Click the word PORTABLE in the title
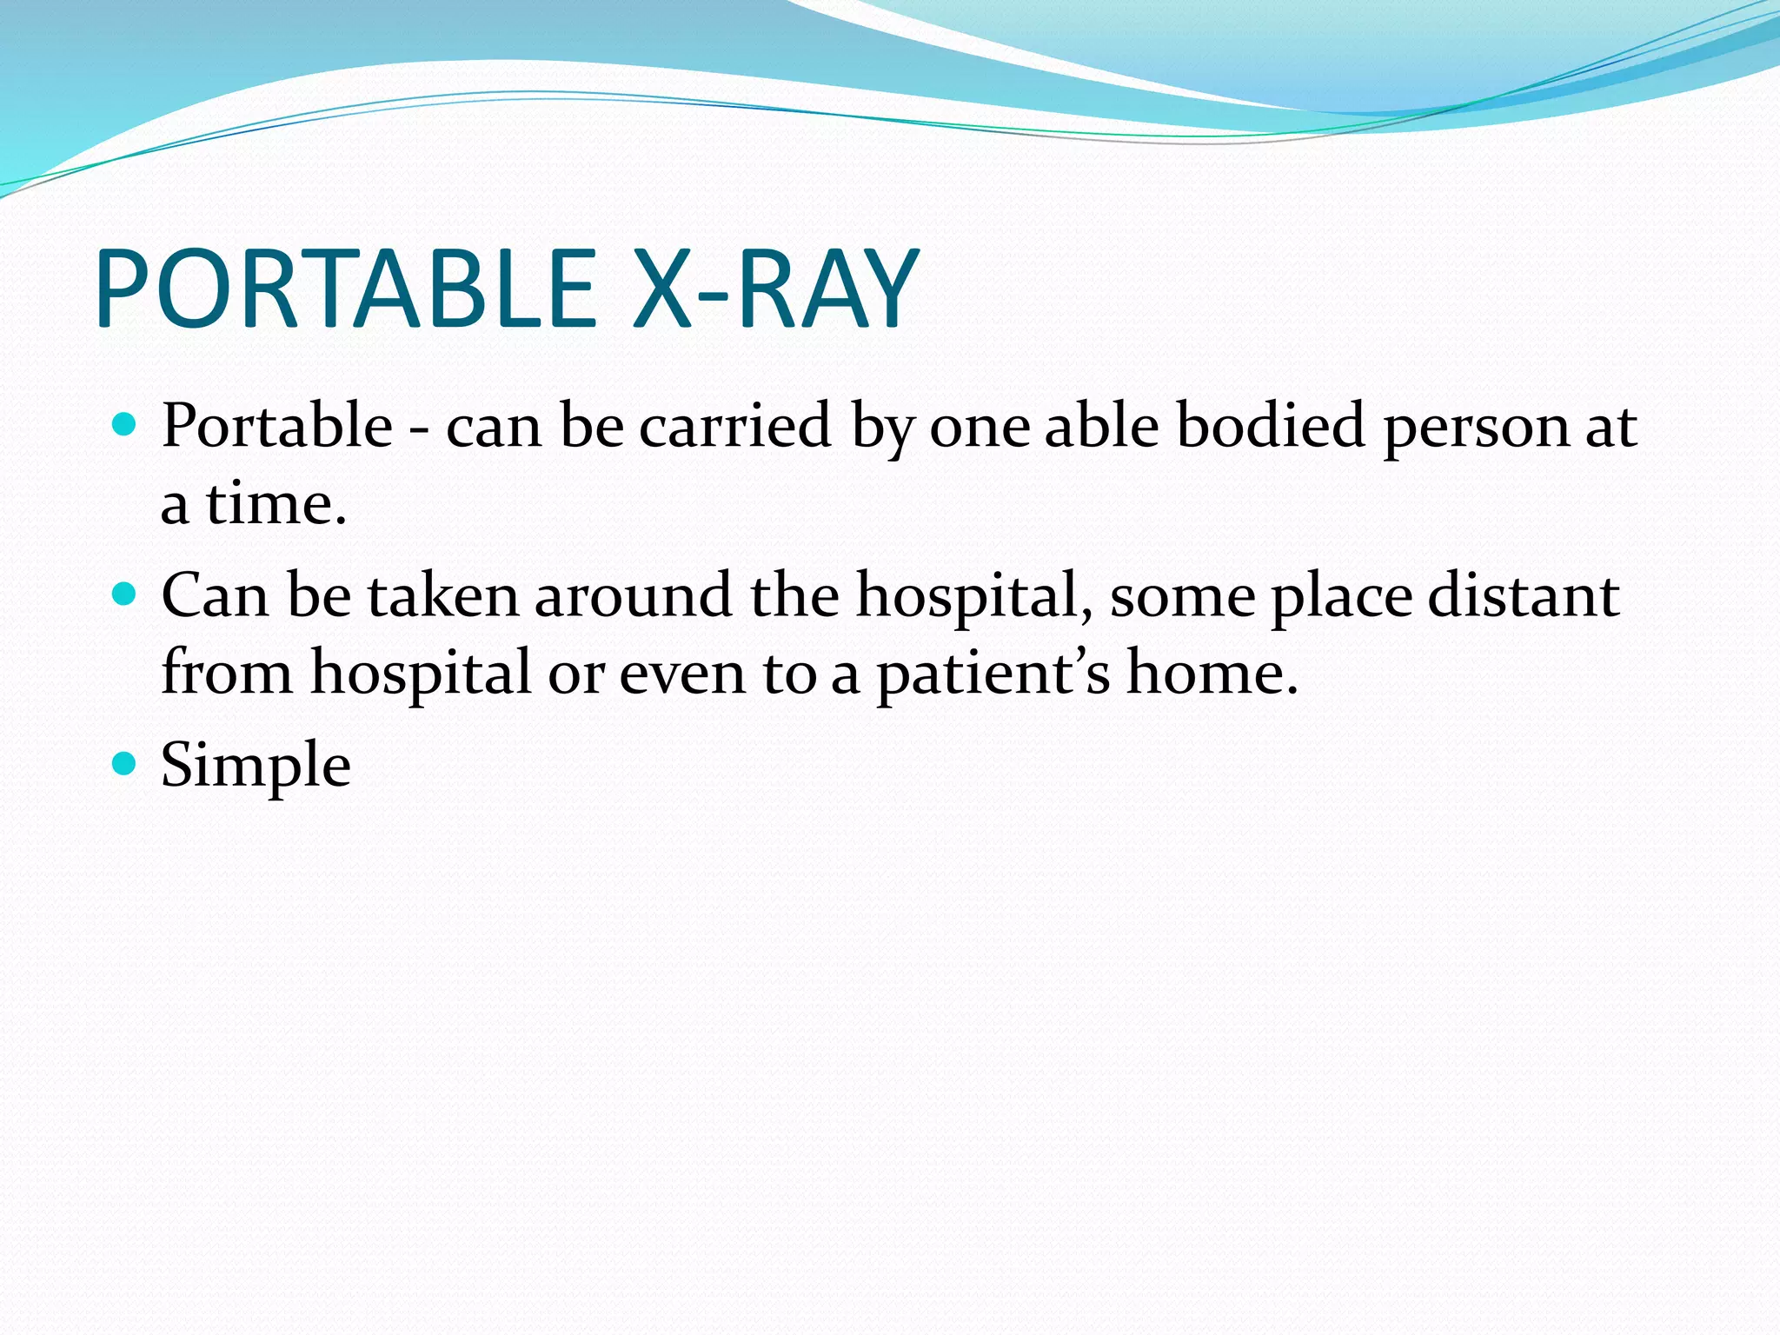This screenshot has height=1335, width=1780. [346, 289]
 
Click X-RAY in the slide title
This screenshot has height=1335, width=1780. [775, 289]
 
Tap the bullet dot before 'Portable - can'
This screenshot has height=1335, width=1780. [125, 425]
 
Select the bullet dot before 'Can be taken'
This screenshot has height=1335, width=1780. [125, 594]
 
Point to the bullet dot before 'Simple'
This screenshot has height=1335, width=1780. [125, 764]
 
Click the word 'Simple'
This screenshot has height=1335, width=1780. [256, 766]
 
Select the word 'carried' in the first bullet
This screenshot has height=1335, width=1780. [735, 427]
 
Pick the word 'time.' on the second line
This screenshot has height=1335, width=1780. [276, 504]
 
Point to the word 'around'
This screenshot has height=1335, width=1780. [633, 596]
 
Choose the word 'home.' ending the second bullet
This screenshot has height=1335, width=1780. [1212, 673]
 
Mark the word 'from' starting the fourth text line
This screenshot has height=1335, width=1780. [227, 673]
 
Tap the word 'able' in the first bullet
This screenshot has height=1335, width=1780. [1101, 427]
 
